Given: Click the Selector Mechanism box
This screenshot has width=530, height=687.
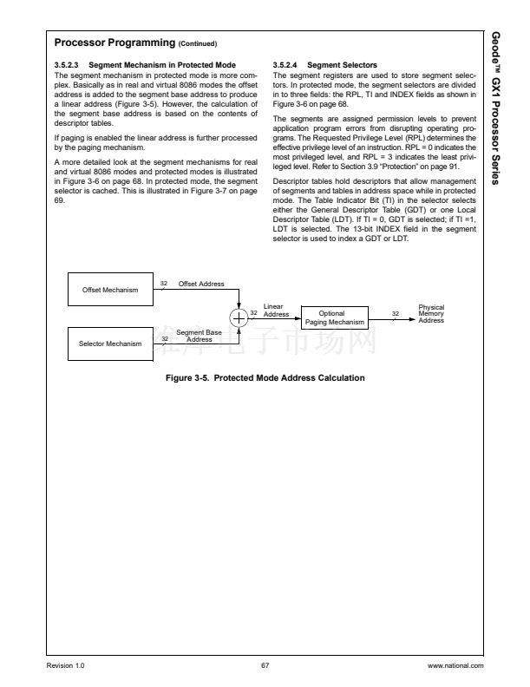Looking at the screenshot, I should tap(110, 343).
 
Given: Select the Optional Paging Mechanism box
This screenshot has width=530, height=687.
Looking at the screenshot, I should tap(331, 318).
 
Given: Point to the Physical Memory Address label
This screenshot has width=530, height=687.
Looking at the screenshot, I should tap(431, 314).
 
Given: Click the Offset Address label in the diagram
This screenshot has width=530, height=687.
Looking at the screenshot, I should tap(201, 284).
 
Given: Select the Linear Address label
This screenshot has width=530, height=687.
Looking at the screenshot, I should tap(276, 311).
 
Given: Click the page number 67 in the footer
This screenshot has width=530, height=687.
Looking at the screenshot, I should tap(265, 665).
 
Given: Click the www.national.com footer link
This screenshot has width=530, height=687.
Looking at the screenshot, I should tap(456, 665).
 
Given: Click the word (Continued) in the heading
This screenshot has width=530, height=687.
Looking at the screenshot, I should tap(198, 43).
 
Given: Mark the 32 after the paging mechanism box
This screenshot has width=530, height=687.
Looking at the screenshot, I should tap(395, 313).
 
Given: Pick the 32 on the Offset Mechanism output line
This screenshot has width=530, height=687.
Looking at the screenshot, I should tap(164, 284).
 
